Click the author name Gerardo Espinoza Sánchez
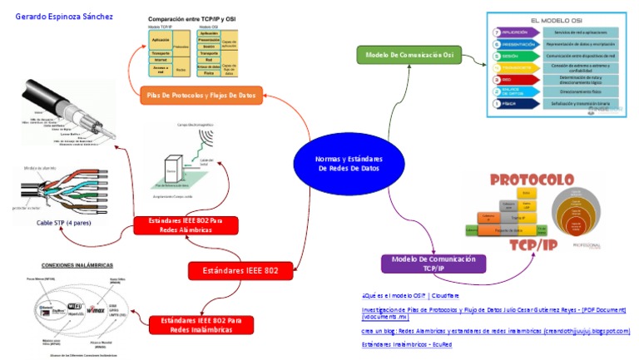tap(64, 17)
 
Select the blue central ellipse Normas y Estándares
tap(347, 163)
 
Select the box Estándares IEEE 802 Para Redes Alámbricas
tap(186, 225)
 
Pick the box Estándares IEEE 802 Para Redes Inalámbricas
tap(201, 324)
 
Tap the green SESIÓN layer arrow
tap(508, 55)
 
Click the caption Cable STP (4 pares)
tap(64, 223)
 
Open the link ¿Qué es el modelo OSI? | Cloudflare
tap(410, 295)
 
